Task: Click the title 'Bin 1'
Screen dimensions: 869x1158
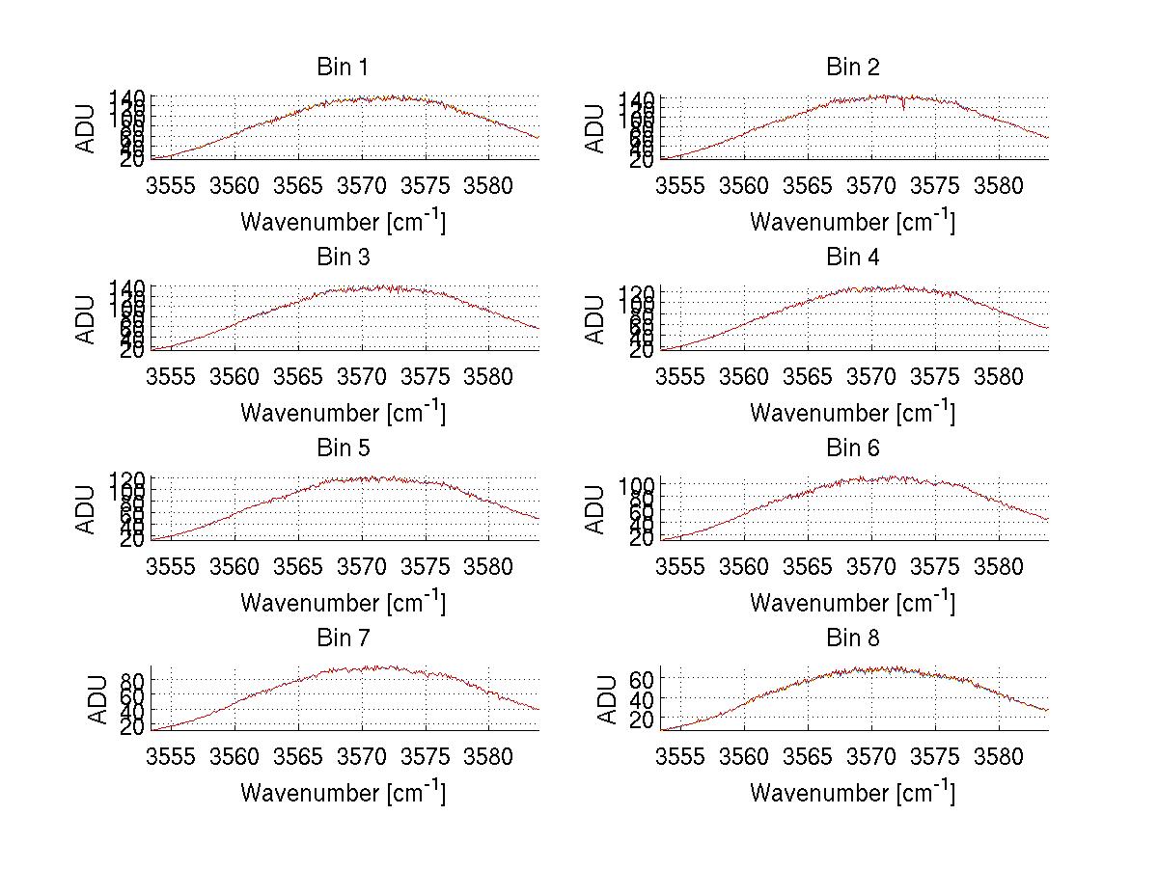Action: click(342, 68)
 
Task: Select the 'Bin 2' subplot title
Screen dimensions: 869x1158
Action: click(852, 68)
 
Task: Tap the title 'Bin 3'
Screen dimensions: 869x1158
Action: click(342, 258)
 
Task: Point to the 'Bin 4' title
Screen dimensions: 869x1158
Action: click(852, 258)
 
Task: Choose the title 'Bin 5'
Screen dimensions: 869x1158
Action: click(342, 448)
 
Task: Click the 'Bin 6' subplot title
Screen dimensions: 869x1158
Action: click(852, 448)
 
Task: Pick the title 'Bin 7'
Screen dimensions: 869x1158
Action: click(342, 638)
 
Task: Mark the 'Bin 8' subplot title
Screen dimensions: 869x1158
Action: click(852, 638)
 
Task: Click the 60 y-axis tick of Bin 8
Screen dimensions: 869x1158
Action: click(642, 679)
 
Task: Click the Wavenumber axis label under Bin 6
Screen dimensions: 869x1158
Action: click(852, 602)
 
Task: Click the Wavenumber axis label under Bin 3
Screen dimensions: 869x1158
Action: click(342, 412)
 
